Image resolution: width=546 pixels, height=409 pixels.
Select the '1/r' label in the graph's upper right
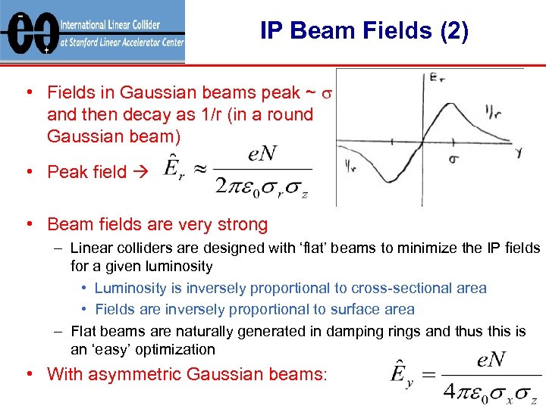tap(493, 111)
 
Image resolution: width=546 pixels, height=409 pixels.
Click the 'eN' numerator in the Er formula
tap(262, 155)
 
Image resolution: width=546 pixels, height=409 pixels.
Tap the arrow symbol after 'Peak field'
tap(140, 173)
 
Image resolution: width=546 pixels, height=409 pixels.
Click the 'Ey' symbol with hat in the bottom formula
tap(401, 374)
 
